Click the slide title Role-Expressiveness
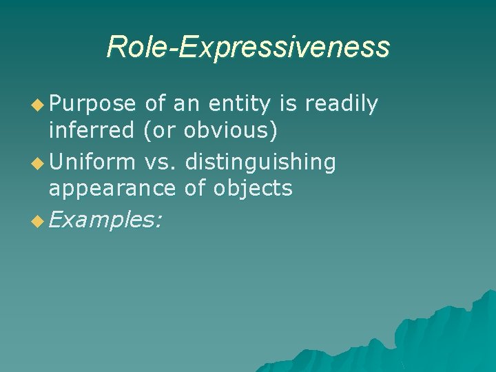click(248, 47)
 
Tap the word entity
click(238, 104)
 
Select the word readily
click(341, 104)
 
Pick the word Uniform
click(93, 163)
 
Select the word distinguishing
click(260, 163)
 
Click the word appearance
click(113, 187)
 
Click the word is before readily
click(289, 104)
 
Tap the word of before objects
click(196, 187)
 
